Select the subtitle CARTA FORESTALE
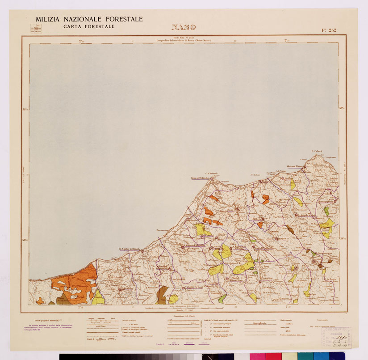pos(89,27)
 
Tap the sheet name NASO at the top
pos(184,27)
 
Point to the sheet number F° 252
pos(329,30)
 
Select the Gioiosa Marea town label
pos(295,166)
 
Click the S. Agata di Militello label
pos(130,249)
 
